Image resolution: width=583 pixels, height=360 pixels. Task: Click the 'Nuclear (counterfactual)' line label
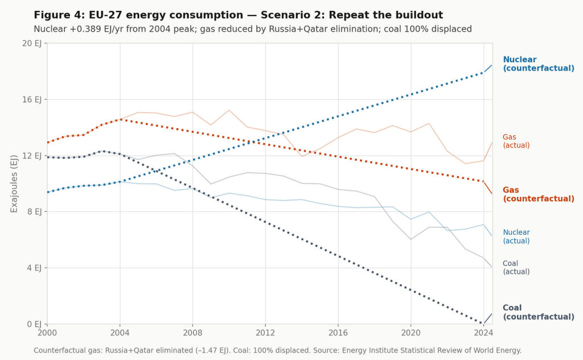click(x=538, y=64)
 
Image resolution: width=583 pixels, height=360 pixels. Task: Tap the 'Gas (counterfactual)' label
click(x=538, y=194)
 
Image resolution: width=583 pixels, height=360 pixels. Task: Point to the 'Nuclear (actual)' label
click(x=516, y=236)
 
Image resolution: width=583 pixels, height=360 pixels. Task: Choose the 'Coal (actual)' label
click(x=516, y=268)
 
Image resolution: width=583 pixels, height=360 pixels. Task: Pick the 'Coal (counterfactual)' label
click(x=538, y=312)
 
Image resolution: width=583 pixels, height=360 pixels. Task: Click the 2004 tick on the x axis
click(x=120, y=333)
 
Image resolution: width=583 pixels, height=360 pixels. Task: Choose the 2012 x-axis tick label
click(x=265, y=333)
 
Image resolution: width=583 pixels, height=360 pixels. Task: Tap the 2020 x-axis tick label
click(x=410, y=333)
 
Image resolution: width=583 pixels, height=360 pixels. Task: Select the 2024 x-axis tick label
click(x=483, y=333)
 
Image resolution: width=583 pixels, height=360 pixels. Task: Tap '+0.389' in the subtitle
click(x=81, y=29)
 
